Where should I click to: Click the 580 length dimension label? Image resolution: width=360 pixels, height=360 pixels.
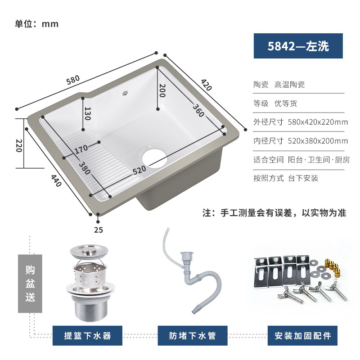(x=73, y=80)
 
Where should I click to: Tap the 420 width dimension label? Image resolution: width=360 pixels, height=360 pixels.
(x=206, y=85)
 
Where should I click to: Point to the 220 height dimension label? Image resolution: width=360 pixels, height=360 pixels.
(x=19, y=145)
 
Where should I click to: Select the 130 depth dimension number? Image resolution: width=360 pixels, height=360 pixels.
(x=87, y=113)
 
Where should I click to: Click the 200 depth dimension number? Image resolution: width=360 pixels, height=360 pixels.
(x=162, y=90)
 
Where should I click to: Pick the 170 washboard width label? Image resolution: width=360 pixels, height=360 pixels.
(x=81, y=149)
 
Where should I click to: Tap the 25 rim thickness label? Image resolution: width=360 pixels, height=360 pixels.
(x=99, y=230)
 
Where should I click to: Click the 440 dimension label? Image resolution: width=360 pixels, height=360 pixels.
(x=56, y=181)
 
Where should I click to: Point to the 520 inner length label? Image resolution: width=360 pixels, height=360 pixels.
(x=139, y=170)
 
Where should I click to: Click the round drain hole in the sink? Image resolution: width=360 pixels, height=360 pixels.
(x=154, y=157)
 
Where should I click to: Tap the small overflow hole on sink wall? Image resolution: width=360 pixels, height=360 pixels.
(x=125, y=93)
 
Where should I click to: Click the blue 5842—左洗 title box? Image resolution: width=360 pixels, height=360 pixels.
(x=298, y=46)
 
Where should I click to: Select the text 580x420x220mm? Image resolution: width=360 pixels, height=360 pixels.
(x=318, y=122)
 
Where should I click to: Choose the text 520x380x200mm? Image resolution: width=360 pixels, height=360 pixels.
(x=318, y=141)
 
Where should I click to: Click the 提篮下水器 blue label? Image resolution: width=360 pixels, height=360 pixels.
(x=87, y=335)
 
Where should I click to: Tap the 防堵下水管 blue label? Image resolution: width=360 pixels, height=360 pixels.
(x=193, y=335)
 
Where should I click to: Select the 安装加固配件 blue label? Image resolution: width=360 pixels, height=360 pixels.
(x=302, y=335)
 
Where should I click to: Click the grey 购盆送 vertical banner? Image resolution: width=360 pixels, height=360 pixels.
(x=30, y=283)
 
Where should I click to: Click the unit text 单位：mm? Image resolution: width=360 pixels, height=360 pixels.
(x=37, y=24)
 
